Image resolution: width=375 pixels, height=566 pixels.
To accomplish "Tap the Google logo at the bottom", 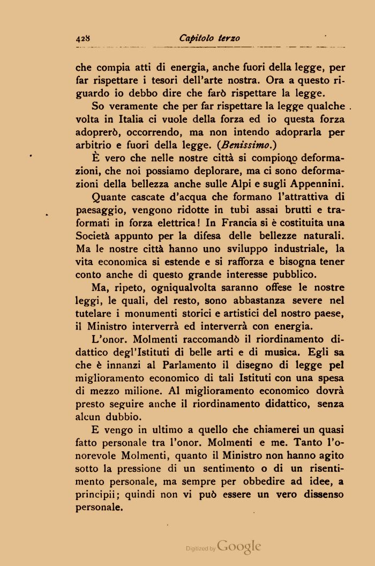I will point(239,547).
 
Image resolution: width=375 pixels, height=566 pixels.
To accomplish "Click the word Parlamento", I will point(170,367).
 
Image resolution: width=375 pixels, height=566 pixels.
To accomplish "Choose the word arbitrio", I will point(93,144).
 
